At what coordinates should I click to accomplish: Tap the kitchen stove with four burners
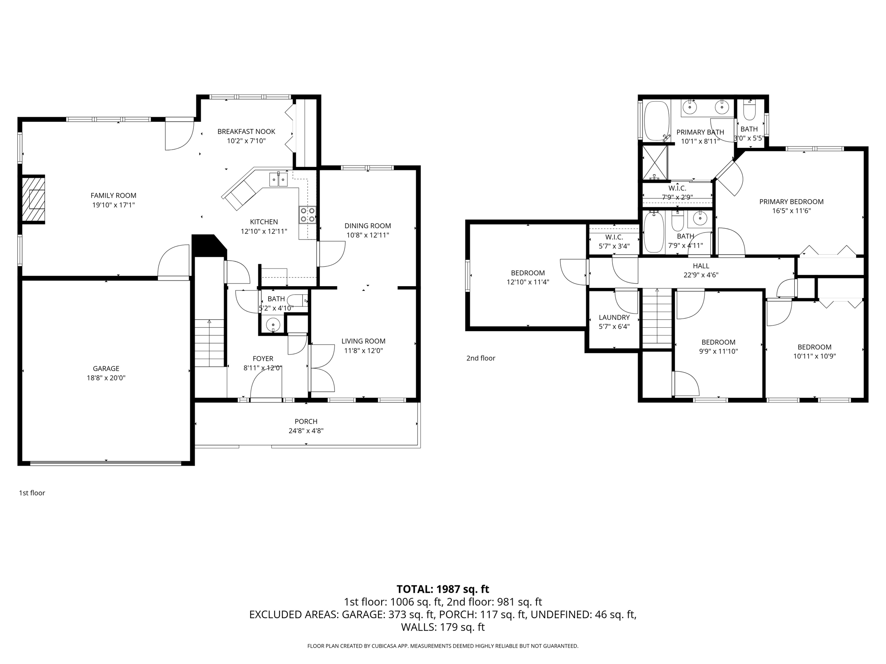(308, 215)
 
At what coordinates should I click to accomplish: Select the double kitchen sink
(279, 179)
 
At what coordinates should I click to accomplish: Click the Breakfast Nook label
(246, 131)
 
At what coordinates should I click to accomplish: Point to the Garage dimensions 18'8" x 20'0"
(106, 378)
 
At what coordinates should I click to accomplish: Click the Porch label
(306, 421)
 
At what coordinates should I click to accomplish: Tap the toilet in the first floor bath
(298, 300)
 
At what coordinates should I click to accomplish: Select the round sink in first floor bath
(273, 324)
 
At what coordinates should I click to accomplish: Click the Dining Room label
(367, 226)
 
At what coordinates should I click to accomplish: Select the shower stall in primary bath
(655, 163)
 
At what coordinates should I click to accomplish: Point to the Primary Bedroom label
(791, 201)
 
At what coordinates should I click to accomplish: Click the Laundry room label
(614, 317)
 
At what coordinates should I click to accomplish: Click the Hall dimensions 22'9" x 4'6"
(701, 275)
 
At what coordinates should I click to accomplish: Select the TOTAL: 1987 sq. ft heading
(443, 589)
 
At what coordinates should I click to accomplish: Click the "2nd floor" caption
(481, 358)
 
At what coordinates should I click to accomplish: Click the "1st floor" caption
(32, 493)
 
